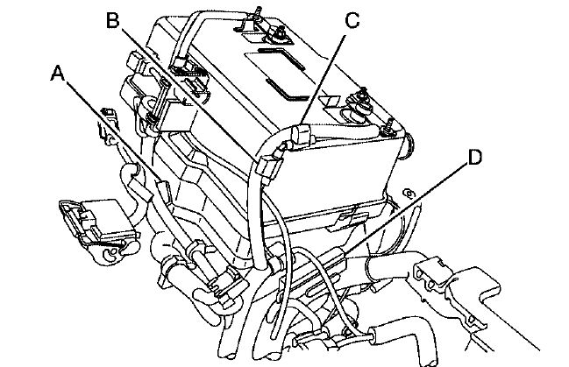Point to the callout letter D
[473, 158]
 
